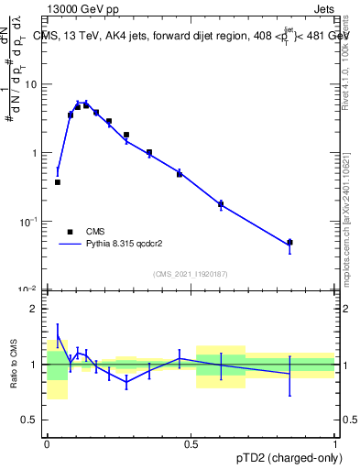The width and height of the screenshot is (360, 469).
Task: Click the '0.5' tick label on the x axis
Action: pyautogui.click(x=191, y=443)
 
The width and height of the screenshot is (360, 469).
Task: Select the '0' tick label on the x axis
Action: pyautogui.click(x=47, y=443)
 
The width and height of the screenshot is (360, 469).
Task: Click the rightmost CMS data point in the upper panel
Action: pyautogui.click(x=289, y=243)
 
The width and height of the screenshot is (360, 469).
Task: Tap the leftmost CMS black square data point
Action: pyautogui.click(x=58, y=182)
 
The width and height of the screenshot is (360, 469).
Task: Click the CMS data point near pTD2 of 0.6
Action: pyautogui.click(x=221, y=204)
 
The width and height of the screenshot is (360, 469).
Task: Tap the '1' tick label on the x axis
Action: pyautogui.click(x=335, y=443)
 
